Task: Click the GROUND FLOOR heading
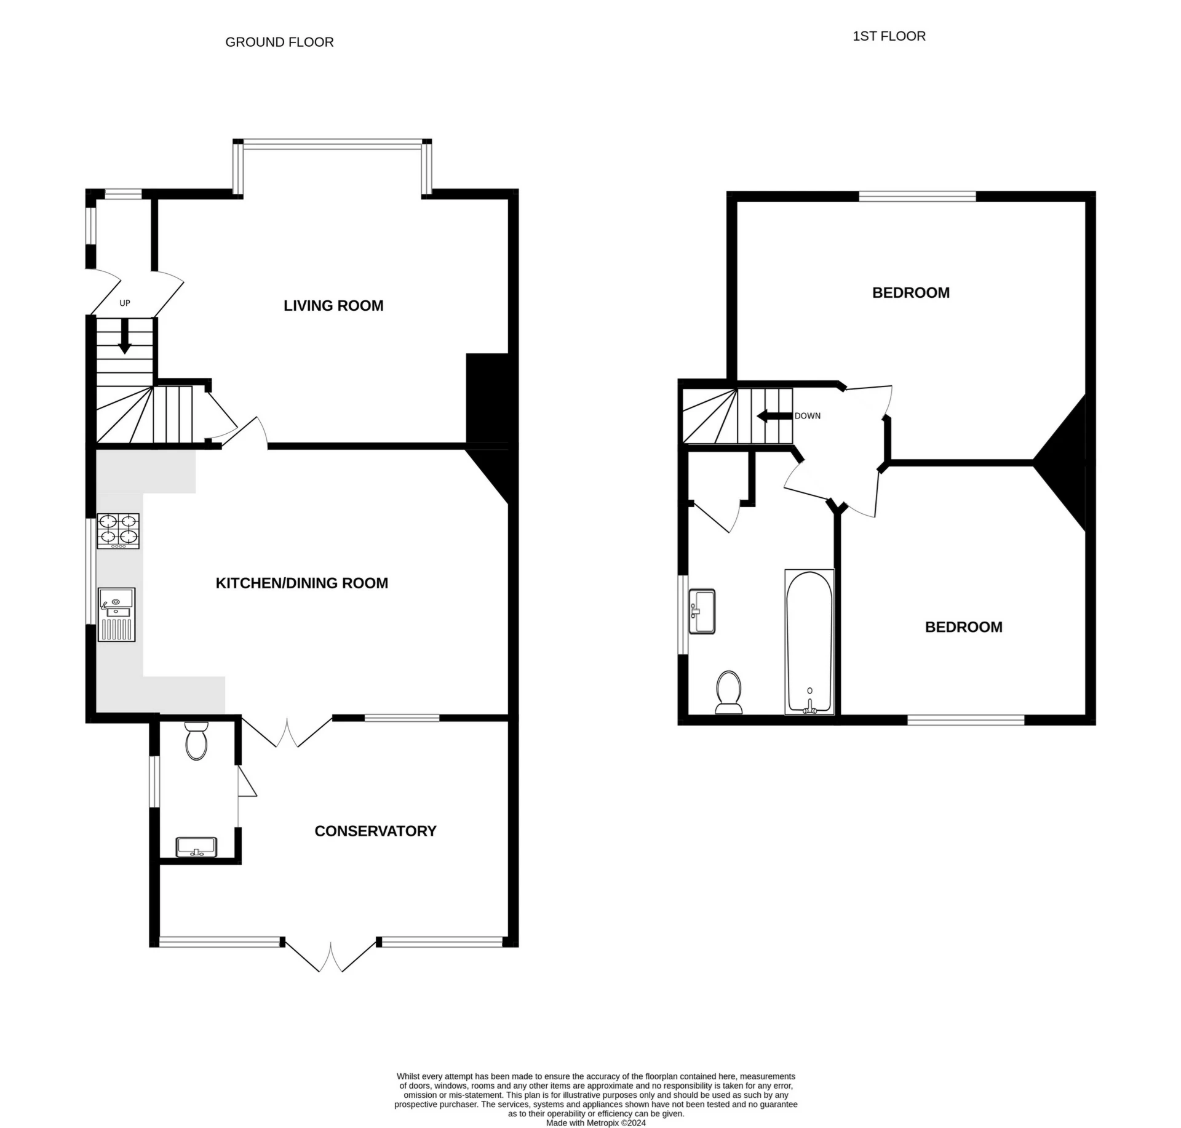(x=279, y=42)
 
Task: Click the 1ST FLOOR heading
(x=888, y=36)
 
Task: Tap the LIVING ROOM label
(x=333, y=306)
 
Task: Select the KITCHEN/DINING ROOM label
(x=301, y=583)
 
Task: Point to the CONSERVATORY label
(x=375, y=831)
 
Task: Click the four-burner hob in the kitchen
(x=118, y=530)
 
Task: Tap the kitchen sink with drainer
(x=117, y=614)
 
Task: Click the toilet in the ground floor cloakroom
(x=196, y=742)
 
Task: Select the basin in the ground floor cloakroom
(x=196, y=847)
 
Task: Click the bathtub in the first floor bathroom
(x=809, y=642)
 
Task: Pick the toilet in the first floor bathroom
(x=729, y=693)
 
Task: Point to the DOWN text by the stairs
(x=807, y=416)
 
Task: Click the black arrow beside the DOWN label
(x=774, y=416)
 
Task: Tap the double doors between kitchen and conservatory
(x=287, y=732)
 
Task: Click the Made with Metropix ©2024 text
(x=595, y=1122)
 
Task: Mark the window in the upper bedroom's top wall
(x=917, y=197)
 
